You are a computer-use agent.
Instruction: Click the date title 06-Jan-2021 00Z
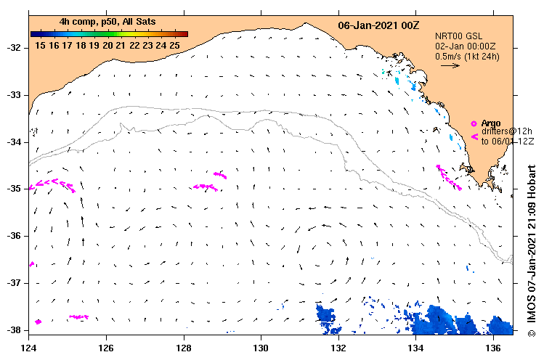click(378, 25)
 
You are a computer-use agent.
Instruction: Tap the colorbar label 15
click(41, 45)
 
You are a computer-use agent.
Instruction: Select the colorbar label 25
click(174, 45)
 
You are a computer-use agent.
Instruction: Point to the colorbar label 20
click(107, 45)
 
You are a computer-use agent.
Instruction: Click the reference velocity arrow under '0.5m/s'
click(450, 65)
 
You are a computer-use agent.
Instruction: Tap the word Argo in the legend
click(490, 123)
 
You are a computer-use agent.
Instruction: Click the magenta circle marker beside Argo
click(474, 123)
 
